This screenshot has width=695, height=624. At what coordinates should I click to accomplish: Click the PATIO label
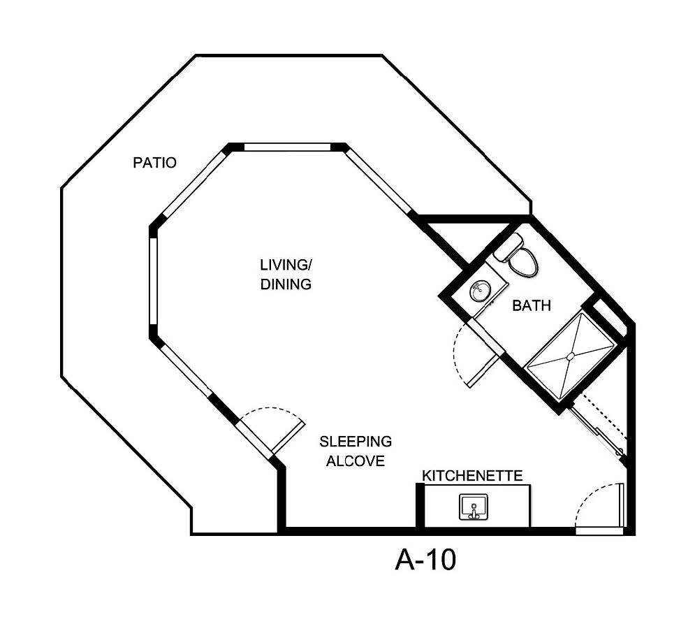154,163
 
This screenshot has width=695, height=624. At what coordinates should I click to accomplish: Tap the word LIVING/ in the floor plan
285,265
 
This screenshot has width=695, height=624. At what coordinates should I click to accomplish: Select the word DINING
285,284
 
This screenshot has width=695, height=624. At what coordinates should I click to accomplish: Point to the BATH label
532,305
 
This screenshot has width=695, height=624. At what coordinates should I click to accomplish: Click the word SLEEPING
356,442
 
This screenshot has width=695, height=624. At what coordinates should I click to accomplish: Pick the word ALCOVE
356,461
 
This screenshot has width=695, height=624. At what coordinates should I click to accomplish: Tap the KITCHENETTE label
472,476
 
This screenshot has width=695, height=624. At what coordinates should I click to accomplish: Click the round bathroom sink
480,291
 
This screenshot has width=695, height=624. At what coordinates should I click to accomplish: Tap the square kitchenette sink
473,507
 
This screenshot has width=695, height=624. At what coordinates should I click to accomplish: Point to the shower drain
571,356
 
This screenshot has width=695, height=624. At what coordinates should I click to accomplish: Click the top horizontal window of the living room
287,147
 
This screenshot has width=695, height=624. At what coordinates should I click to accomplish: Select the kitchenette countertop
503,505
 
